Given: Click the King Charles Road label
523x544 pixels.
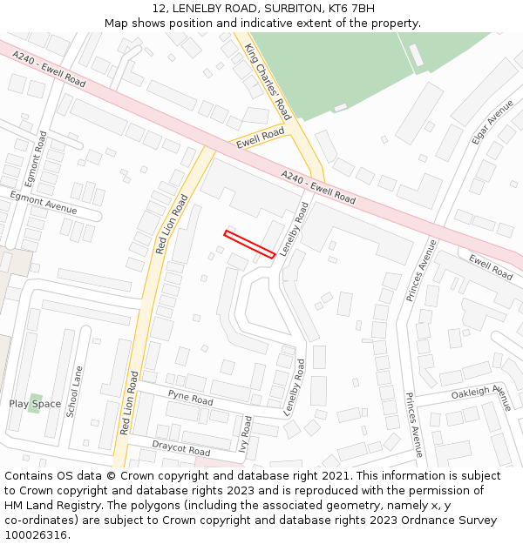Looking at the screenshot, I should click(268, 81).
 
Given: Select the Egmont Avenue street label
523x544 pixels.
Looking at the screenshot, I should click(43, 204).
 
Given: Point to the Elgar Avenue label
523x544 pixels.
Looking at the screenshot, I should click(493, 121).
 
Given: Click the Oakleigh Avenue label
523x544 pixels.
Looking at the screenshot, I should click(481, 393).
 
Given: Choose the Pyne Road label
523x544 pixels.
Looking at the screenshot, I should click(190, 398).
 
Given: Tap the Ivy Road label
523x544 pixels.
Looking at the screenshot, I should click(245, 432).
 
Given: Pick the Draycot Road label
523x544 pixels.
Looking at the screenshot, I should click(181, 448).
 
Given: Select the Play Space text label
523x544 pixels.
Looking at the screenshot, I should click(35, 404).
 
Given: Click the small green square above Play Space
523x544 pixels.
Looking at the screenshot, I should click(35, 396).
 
